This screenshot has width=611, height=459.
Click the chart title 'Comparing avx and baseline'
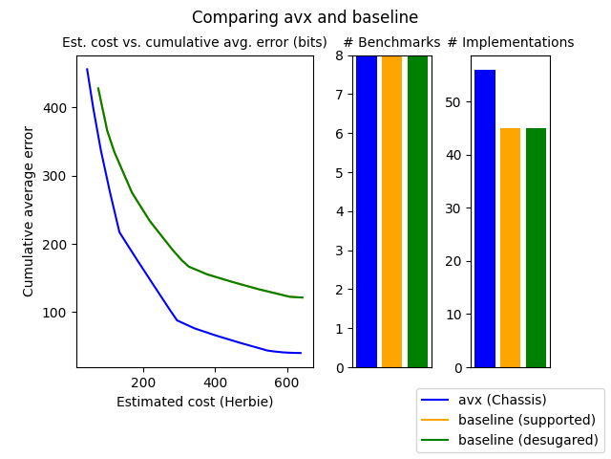click(305, 17)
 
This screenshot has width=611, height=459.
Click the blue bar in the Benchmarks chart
click(367, 211)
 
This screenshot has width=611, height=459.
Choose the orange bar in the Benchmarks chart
click(392, 211)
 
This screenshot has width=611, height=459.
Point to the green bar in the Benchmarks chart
click(418, 211)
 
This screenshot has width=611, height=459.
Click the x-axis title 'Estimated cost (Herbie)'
click(195, 402)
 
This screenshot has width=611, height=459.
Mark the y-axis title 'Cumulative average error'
click(29, 211)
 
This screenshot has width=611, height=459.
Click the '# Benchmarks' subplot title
click(391, 43)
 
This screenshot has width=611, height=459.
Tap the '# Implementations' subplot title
click(511, 43)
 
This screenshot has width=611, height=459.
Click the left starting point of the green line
click(97, 89)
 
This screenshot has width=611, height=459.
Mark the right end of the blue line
click(301, 353)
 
